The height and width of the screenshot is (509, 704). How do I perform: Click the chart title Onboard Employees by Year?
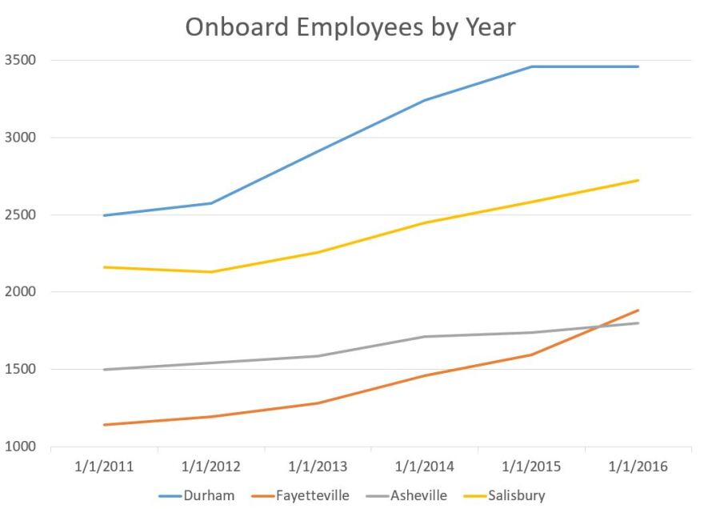click(x=350, y=26)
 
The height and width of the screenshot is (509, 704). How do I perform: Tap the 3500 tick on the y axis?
click(x=19, y=60)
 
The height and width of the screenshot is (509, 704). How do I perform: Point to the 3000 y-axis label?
click(x=19, y=138)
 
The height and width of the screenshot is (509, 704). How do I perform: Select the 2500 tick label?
click(x=19, y=215)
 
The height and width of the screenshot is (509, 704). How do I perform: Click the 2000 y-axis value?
click(x=19, y=292)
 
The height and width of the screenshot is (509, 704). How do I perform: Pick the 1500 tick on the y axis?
click(x=19, y=370)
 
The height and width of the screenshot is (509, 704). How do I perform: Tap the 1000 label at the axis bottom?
click(x=19, y=447)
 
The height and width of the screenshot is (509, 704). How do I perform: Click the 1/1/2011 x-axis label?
click(x=104, y=467)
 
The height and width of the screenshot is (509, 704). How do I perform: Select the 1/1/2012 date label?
click(x=211, y=467)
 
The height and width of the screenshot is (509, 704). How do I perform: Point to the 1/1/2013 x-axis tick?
click(x=318, y=467)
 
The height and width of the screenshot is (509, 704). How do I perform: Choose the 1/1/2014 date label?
click(x=425, y=467)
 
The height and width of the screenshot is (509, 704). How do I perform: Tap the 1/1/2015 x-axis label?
click(x=532, y=467)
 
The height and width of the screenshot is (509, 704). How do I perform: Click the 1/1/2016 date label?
click(x=638, y=467)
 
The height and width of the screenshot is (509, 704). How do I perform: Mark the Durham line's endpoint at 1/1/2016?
click(x=638, y=66)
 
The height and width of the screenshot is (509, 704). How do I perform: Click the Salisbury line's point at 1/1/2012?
click(x=211, y=272)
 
